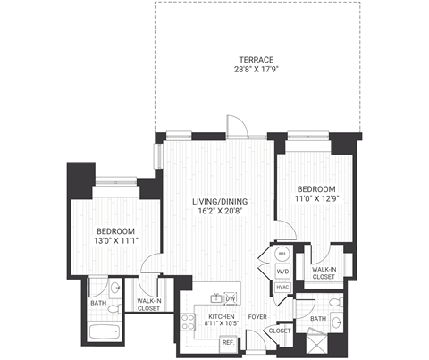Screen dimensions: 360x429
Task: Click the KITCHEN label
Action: pyautogui.click(x=221, y=316)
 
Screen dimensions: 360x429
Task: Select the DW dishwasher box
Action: pyautogui.click(x=230, y=298)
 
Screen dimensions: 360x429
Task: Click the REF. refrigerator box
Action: pyautogui.click(x=228, y=342)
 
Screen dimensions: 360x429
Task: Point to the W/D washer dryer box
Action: pyautogui.click(x=282, y=270)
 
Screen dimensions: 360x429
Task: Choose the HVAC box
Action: pyautogui.click(x=282, y=286)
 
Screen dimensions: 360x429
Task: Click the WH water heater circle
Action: pyautogui.click(x=282, y=254)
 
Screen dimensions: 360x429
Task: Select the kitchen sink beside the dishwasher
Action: pyautogui.click(x=214, y=297)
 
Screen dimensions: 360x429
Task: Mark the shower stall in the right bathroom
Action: pyautogui.click(x=319, y=344)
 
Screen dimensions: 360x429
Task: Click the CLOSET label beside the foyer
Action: pyautogui.click(x=280, y=331)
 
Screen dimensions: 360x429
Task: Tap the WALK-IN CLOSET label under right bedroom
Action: pyautogui.click(x=324, y=272)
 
